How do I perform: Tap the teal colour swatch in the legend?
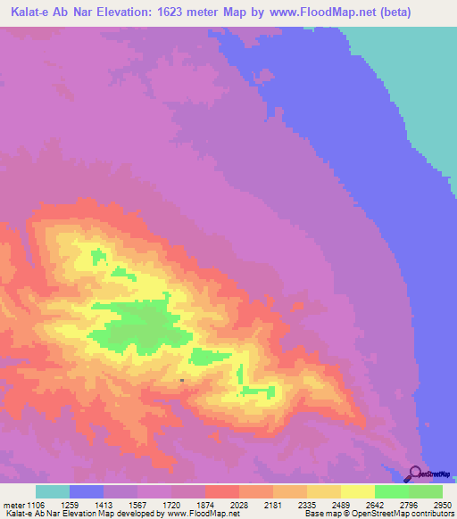coord(53,491)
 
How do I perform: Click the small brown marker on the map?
coord(182,381)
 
